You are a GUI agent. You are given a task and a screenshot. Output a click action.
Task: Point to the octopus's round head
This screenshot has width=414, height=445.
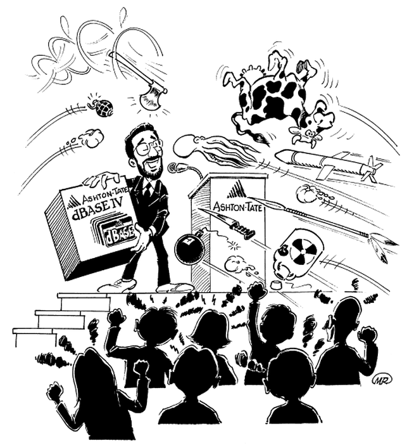[x=185, y=146]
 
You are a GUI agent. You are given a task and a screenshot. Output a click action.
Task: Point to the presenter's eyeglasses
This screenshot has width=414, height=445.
[x=147, y=148]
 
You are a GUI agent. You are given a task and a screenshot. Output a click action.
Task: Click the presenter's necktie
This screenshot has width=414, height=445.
[x=147, y=190]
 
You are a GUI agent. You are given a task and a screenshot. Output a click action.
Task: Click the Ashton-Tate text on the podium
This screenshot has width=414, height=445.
[x=237, y=206]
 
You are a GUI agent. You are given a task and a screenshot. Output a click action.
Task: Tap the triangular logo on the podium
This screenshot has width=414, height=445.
[x=237, y=190]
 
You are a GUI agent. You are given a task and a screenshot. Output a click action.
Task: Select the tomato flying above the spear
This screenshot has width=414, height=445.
[x=303, y=192]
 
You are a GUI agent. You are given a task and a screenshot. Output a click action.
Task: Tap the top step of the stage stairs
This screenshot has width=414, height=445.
[x=84, y=296]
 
